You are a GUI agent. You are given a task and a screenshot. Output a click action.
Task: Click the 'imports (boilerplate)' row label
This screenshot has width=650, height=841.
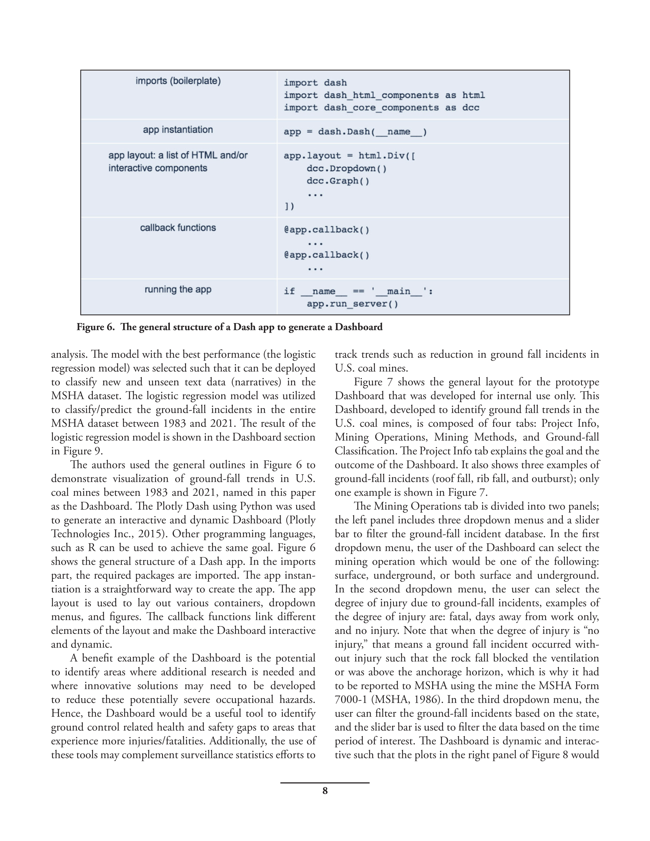pyautogui.click(x=178, y=81)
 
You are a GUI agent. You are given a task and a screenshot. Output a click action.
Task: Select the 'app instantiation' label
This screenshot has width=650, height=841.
pyautogui.click(x=178, y=130)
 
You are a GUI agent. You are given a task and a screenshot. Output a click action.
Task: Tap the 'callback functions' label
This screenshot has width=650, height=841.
pyautogui.click(x=178, y=228)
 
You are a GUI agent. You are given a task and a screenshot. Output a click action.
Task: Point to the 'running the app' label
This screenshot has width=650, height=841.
pyautogui.click(x=178, y=289)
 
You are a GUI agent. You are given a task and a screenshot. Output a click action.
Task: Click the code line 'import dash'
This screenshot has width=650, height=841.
pyautogui.click(x=315, y=83)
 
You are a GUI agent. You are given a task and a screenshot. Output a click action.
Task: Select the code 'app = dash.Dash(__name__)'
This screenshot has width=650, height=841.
pyautogui.click(x=355, y=132)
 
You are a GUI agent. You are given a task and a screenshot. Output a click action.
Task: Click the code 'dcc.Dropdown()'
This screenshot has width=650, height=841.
pyautogui.click(x=346, y=169)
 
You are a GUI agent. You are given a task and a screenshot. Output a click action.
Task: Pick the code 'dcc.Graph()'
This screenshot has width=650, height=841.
pyautogui.click(x=338, y=181)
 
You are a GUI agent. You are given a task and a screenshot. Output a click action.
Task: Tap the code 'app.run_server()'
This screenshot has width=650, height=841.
pyautogui.click(x=352, y=304)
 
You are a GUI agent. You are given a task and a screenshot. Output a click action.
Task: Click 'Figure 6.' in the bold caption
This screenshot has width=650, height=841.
pyautogui.click(x=95, y=327)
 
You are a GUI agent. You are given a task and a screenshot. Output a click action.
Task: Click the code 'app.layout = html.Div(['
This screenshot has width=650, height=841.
pyautogui.click(x=349, y=156)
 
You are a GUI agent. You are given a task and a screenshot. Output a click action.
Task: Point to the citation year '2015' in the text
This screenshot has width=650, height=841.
pyautogui.click(x=149, y=534)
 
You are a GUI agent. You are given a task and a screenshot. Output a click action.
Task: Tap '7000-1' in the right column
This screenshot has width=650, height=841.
pyautogui.click(x=350, y=700)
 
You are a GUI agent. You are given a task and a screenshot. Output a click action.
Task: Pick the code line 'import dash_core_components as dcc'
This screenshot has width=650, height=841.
pyautogui.click(x=381, y=108)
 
